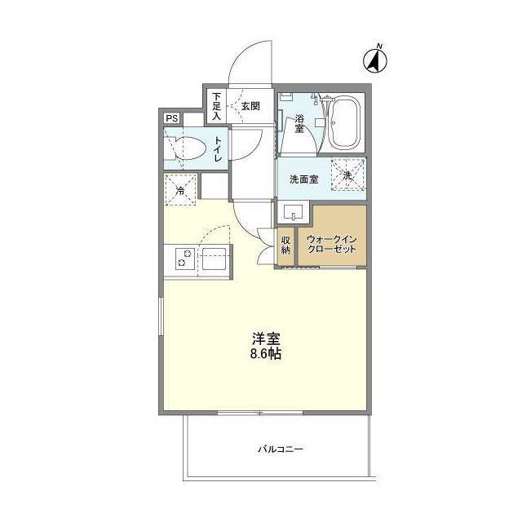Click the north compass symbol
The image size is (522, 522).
coord(375,58)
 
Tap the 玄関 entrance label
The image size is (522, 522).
coord(250,105)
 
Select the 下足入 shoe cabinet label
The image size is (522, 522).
coord(217,106)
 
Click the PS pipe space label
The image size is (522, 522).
coord(172,118)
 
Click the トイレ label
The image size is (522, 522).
coord(219,151)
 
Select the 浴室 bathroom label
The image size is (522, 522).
coord(299,123)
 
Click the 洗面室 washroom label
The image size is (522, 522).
coord(303,179)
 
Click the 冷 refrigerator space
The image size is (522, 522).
coord(180,191)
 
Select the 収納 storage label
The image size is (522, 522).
coord(286,246)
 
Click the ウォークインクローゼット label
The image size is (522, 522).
coord(331,244)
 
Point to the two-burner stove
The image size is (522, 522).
coord(182,262)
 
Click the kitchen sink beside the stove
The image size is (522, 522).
coord(215,262)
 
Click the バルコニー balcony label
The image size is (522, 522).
coord(281,449)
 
